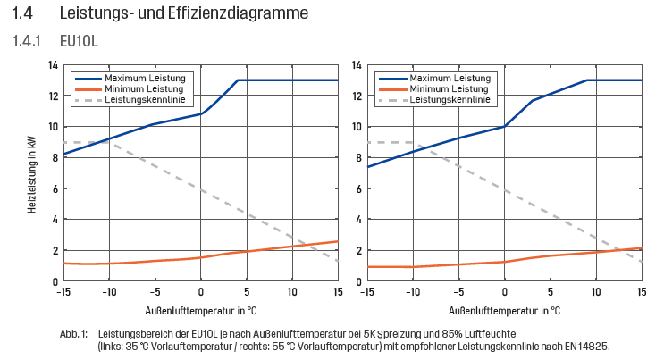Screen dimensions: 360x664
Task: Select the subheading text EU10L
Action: pyautogui.click(x=77, y=42)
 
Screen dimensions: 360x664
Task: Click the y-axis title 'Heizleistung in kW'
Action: pyautogui.click(x=31, y=172)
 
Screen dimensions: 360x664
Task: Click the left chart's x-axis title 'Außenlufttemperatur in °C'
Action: pyautogui.click(x=201, y=312)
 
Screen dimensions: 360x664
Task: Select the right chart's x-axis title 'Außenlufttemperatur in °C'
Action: pyautogui.click(x=504, y=312)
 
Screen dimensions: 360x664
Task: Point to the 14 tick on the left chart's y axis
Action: pyautogui.click(x=53, y=65)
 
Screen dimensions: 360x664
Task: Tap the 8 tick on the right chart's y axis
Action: pyautogui.click(x=357, y=157)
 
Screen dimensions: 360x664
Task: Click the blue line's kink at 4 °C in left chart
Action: pyautogui.click(x=238, y=80)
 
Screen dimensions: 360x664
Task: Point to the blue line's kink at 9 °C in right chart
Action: pyautogui.click(x=586, y=80)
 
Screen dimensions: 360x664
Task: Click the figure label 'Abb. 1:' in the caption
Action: pyautogui.click(x=73, y=333)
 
